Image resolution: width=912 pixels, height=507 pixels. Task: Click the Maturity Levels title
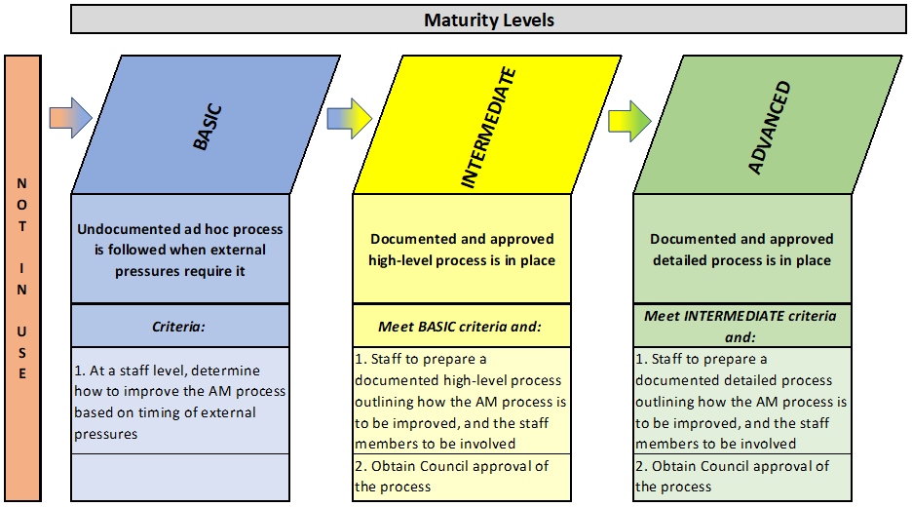pyautogui.click(x=488, y=20)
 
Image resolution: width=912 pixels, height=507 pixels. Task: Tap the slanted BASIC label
pyautogui.click(x=208, y=128)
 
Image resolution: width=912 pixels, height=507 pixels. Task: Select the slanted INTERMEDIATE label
pyautogui.click(x=488, y=128)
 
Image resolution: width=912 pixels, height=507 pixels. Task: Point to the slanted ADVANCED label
pyautogui.click(x=770, y=128)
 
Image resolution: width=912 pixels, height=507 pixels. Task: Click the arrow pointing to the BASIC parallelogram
pyautogui.click(x=70, y=118)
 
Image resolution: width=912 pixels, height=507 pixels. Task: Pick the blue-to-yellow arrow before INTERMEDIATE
pyautogui.click(x=349, y=118)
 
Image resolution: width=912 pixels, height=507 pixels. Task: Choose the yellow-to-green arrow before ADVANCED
pyautogui.click(x=629, y=121)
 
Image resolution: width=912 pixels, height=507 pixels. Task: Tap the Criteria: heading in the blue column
pyautogui.click(x=178, y=327)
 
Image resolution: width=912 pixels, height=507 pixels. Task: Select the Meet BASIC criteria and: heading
pyautogui.click(x=460, y=327)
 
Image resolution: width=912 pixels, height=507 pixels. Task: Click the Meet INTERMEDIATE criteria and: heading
pyautogui.click(x=740, y=327)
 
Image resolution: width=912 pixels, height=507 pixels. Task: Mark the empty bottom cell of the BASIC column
pyautogui.click(x=180, y=478)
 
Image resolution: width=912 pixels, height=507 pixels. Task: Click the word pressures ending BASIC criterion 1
pyautogui.click(x=106, y=434)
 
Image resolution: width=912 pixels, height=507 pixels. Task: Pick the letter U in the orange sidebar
pyautogui.click(x=21, y=331)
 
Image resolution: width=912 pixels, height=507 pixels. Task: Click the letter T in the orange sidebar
pyautogui.click(x=22, y=226)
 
